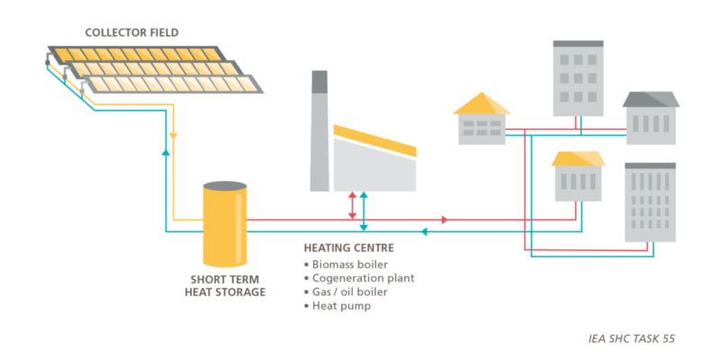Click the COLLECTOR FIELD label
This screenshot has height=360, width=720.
click(x=131, y=32)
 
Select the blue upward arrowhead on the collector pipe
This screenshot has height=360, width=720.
click(x=166, y=153)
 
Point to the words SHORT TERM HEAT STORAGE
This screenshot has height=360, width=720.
click(x=227, y=285)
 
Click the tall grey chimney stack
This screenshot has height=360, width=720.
click(x=319, y=130)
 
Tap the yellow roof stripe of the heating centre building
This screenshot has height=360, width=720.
click(x=374, y=142)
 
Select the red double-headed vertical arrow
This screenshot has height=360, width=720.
click(x=352, y=204)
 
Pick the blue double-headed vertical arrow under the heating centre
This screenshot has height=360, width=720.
click(x=363, y=211)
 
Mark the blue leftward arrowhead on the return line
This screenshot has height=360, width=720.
click(x=425, y=231)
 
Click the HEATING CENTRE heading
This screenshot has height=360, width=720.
click(x=348, y=247)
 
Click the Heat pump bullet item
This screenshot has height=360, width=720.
click(x=343, y=306)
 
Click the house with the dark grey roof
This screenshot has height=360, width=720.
click(x=650, y=118)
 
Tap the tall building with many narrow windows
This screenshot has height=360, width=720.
click(x=649, y=202)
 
